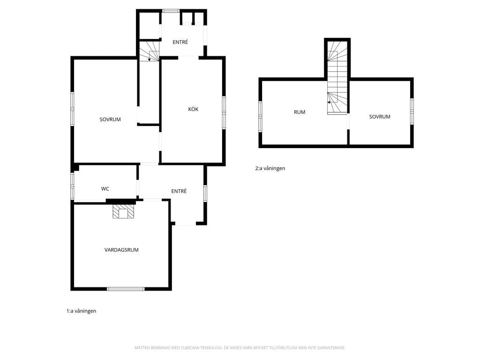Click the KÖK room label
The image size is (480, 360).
coord(193,109)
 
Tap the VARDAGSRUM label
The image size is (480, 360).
coord(121,250)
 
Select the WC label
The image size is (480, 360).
coord(105,189)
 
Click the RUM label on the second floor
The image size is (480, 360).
coord(300,112)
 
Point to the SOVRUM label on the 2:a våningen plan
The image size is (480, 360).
coord(380,117)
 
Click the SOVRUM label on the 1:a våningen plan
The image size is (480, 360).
coord(110,120)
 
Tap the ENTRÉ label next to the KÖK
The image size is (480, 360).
coord(180,42)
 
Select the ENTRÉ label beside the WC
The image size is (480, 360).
coord(179,191)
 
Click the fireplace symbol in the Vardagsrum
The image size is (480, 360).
coord(123,211)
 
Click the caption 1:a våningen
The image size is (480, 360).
coord(82,311)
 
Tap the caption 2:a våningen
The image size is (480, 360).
coord(270,168)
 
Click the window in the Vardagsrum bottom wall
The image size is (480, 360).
coord(126,289)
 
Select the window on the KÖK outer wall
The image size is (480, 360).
coord(224,112)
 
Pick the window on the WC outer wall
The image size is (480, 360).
coord(72,186)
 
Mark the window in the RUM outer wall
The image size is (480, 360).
coord(260,117)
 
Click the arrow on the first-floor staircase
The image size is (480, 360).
coord(149,56)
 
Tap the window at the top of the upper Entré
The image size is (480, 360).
coord(171,11)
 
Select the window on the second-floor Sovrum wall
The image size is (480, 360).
coord(412,111)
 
